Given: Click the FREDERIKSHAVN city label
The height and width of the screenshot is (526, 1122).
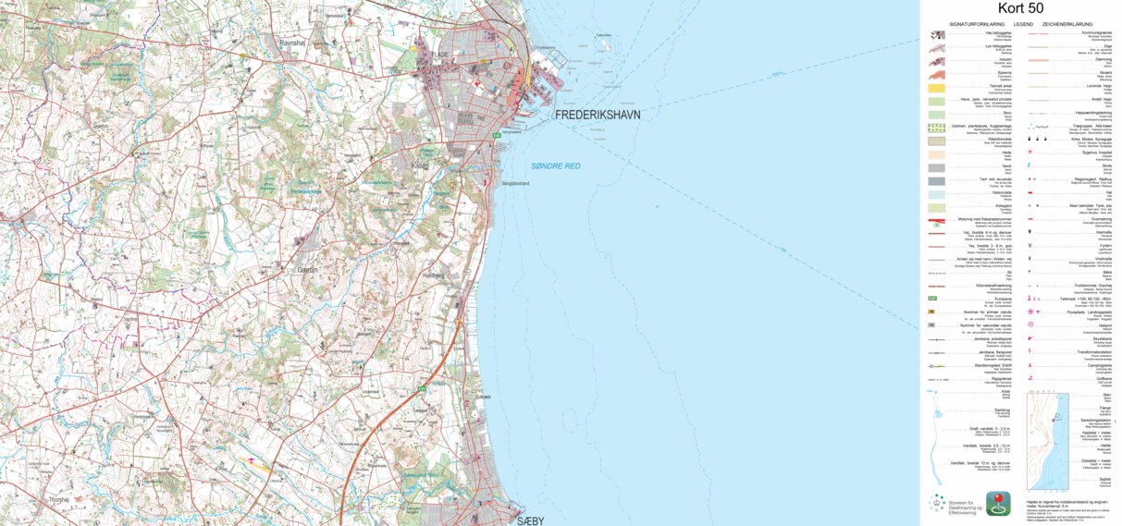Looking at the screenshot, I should coord(598,115).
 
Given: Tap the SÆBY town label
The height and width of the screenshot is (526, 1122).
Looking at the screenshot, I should coord(529,520).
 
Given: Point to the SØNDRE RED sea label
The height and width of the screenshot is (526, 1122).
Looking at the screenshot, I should coord(556,165).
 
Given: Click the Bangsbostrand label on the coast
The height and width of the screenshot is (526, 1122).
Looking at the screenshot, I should coord(514,184).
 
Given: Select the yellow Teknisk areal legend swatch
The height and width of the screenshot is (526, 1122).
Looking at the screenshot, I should coord(937,87).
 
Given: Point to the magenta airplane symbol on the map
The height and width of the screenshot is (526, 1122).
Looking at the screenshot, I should coord(249,459).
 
